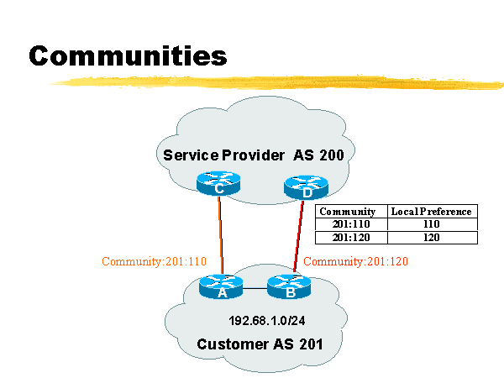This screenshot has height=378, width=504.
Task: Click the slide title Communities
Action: [x=129, y=55]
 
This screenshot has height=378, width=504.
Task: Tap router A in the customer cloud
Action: [x=222, y=287]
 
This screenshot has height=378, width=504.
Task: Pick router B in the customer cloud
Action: [x=289, y=287]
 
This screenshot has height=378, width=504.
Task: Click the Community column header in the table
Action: [x=347, y=212]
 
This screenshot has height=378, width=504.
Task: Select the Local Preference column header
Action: [x=431, y=212]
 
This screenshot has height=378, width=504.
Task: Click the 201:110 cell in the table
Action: [x=347, y=224]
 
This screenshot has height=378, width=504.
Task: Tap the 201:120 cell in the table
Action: [x=347, y=237]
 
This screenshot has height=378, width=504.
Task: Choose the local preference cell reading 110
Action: [x=431, y=224]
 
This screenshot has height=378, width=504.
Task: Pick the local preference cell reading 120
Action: [x=431, y=237]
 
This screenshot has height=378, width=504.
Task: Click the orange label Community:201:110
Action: [x=154, y=261]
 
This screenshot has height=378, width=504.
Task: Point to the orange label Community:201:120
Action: [x=356, y=261]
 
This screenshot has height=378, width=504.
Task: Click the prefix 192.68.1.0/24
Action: [x=266, y=321]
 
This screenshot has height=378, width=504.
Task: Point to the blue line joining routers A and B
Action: [x=255, y=288]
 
